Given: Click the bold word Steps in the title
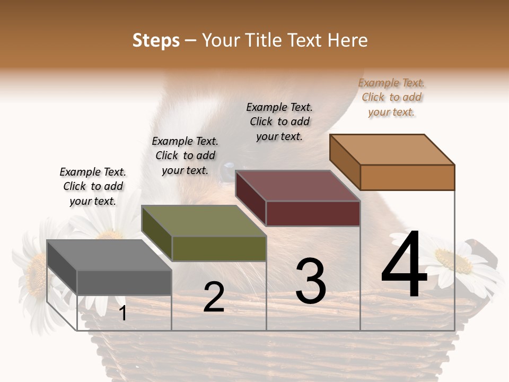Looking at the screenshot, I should click(x=156, y=40).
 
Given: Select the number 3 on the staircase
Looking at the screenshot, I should click(x=310, y=281).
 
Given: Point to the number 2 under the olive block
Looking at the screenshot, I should click(x=214, y=298).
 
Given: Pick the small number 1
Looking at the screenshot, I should click(x=122, y=314).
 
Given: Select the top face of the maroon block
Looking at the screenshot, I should click(x=297, y=186).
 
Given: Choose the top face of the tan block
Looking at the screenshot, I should click(x=392, y=150).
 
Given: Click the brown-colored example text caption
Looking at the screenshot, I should click(x=391, y=98).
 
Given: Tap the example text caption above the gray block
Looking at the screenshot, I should click(x=93, y=187).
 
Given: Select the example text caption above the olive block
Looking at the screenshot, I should click(x=185, y=156).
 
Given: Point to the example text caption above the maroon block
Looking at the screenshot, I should click(x=279, y=122).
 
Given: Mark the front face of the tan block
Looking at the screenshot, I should click(x=407, y=177).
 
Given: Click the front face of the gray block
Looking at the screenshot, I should click(x=124, y=282).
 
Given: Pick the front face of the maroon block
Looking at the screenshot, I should click(x=313, y=213).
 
